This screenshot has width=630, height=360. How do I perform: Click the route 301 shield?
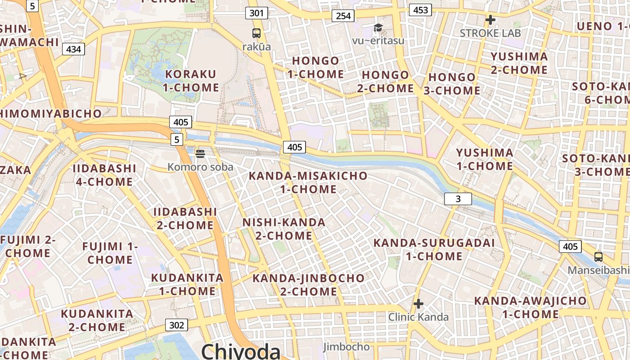(256, 13)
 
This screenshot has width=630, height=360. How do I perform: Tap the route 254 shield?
(343, 16)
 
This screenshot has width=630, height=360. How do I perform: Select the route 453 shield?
(420, 10)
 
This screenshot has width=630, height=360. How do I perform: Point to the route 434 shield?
(73, 49)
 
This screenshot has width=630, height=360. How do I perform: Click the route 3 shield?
(458, 199)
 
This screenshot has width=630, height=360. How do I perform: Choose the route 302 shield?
(176, 325)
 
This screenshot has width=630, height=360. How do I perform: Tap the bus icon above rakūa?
(256, 33)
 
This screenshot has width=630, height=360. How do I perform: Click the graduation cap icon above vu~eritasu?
(378, 28)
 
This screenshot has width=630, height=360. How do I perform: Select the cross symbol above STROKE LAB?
(490, 20)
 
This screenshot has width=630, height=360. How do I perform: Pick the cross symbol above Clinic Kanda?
(418, 304)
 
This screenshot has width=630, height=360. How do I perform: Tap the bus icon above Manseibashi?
(598, 257)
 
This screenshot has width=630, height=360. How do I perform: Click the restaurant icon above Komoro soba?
(200, 154)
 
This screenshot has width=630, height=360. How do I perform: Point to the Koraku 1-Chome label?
(191, 81)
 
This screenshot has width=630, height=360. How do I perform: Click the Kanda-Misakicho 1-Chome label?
(308, 182)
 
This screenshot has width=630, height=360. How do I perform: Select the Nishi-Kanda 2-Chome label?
(284, 229)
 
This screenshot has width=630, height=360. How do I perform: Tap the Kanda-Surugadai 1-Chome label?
(434, 249)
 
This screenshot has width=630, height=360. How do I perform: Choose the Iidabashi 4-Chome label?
(104, 175)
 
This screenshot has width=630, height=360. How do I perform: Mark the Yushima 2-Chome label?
(519, 63)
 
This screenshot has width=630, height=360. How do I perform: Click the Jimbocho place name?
(346, 347)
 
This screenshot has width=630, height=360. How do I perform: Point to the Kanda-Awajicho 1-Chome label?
(531, 307)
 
